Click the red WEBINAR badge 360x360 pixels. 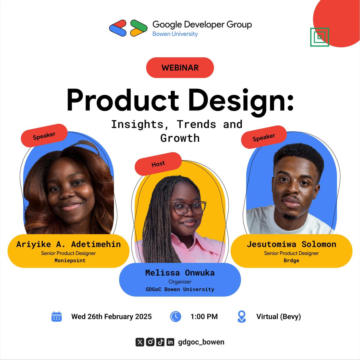(x=180, y=67)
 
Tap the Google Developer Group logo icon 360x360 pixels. (x=128, y=28)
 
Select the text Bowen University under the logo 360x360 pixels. (x=175, y=34)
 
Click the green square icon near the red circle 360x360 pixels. (x=319, y=37)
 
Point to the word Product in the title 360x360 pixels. (x=123, y=100)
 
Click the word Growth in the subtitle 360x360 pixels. (x=180, y=138)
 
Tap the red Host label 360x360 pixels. (x=158, y=163)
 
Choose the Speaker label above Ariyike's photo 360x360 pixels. (x=44, y=136)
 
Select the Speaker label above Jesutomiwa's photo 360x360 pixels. (x=264, y=137)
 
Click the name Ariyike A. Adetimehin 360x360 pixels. (x=68, y=244)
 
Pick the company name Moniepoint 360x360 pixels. (x=70, y=260)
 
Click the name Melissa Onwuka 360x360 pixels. (x=180, y=273)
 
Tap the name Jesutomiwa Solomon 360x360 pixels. (x=291, y=244)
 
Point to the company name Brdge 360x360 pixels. (x=291, y=260)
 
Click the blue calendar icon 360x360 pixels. (x=56, y=317)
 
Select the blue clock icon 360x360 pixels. (x=175, y=317)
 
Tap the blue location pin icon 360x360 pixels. (x=241, y=316)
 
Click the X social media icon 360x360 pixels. (x=140, y=342)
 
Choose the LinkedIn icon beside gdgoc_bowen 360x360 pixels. (x=170, y=342)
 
